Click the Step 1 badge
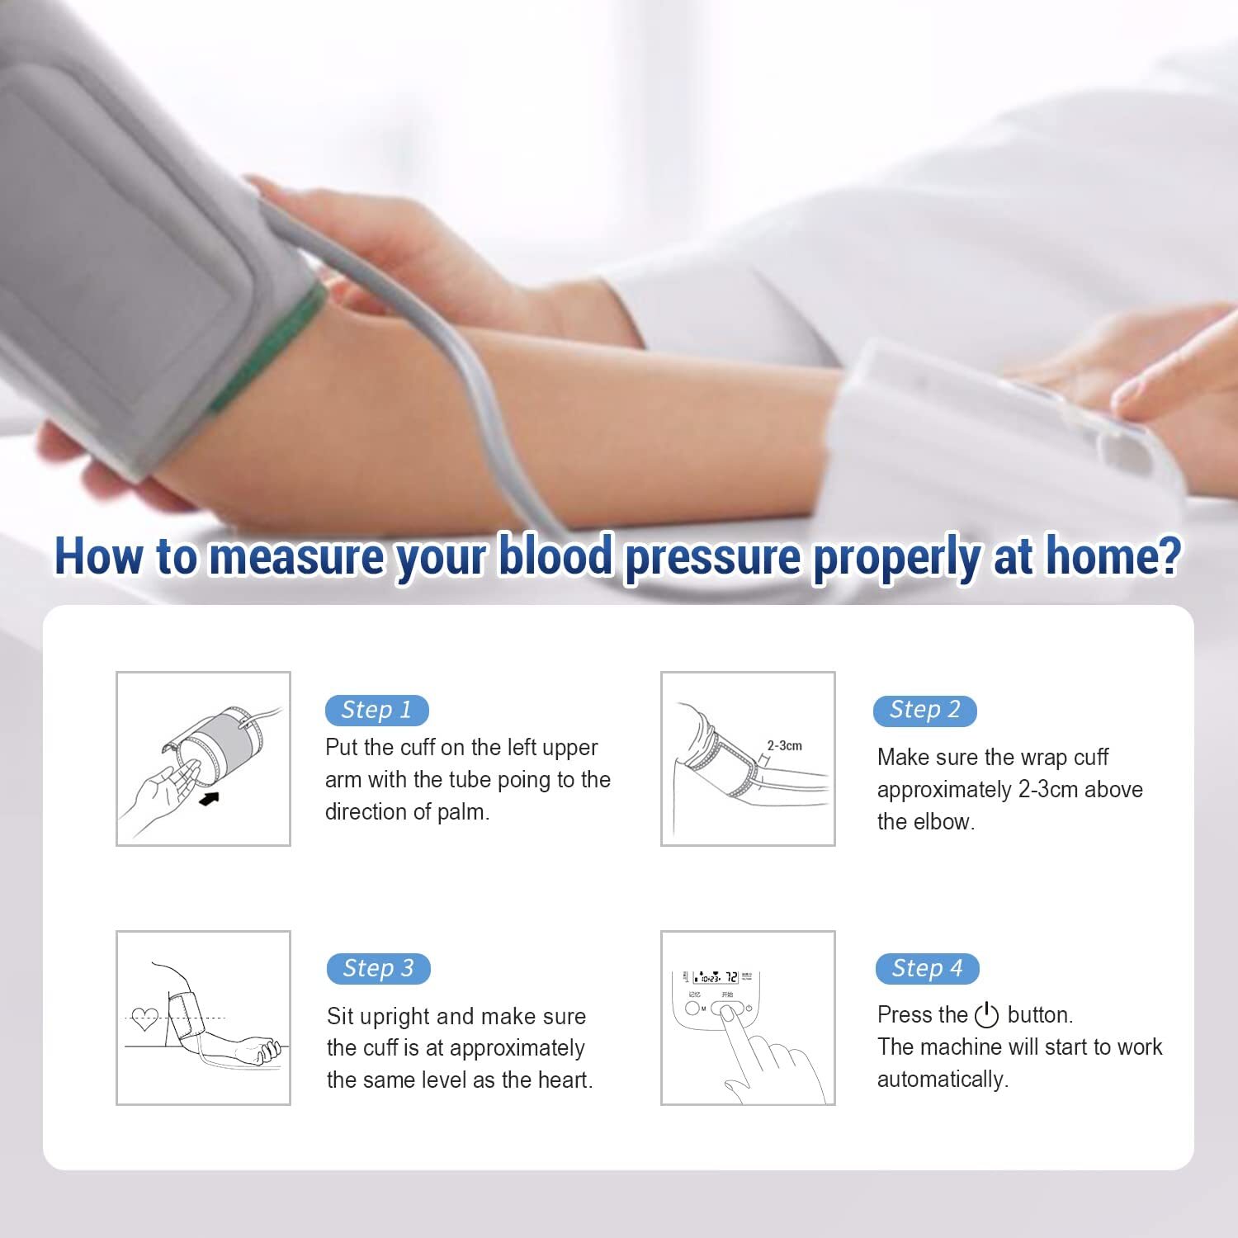tap(376, 711)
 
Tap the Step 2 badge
tap(924, 711)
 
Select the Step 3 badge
tap(378, 969)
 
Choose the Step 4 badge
tap(927, 969)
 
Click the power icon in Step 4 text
tap(986, 1015)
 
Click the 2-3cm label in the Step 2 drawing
tap(784, 745)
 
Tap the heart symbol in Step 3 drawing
tap(145, 1019)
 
